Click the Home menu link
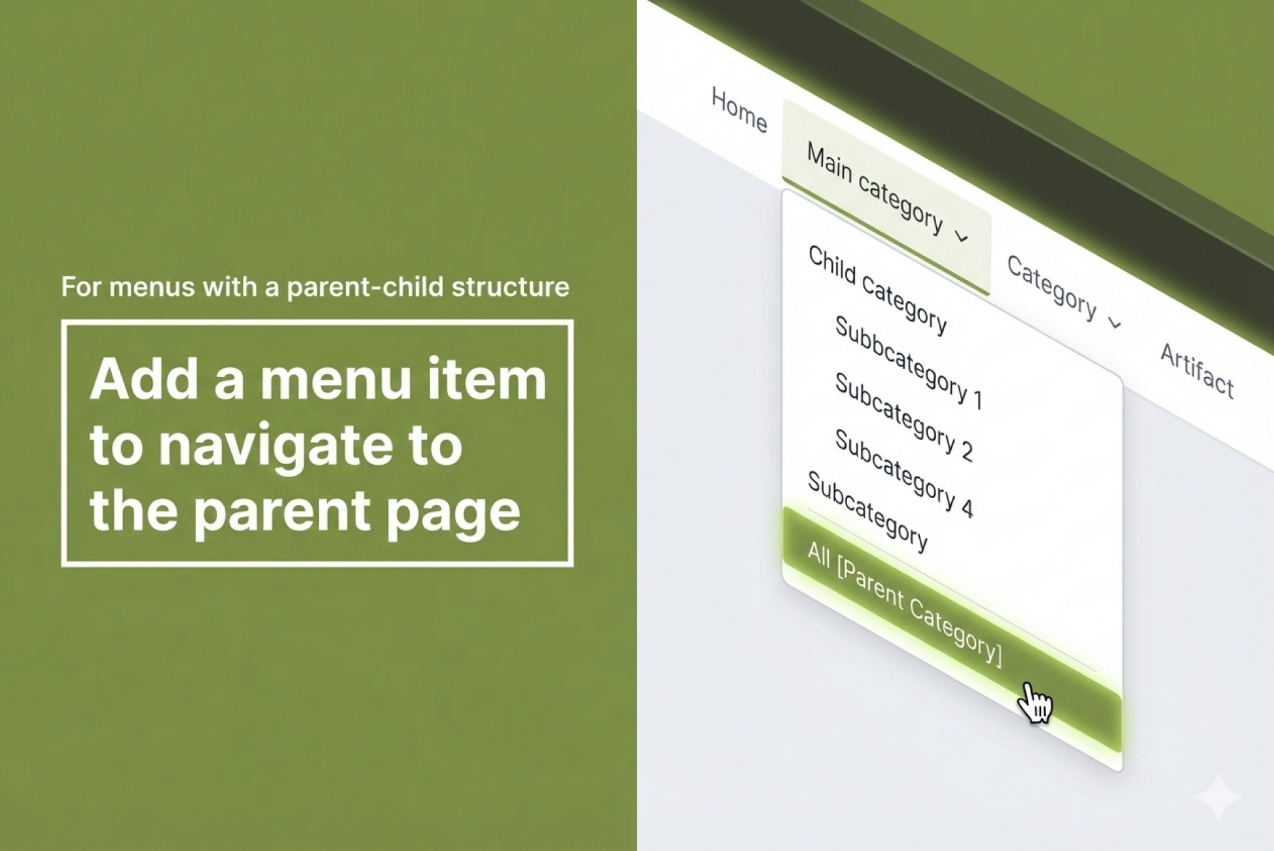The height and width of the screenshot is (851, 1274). [x=739, y=110]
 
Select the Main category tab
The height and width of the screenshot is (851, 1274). [x=886, y=197]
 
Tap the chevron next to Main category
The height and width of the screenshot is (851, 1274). [x=961, y=236]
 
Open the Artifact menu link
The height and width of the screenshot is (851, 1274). [x=1197, y=371]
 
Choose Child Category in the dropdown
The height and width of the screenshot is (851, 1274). [x=878, y=290]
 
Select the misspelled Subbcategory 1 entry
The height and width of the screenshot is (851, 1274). [x=909, y=363]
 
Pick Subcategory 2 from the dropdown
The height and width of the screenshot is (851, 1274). [x=904, y=417]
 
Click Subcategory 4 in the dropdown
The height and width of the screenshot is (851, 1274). [x=904, y=473]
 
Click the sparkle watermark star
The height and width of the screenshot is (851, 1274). [x=1218, y=796]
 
